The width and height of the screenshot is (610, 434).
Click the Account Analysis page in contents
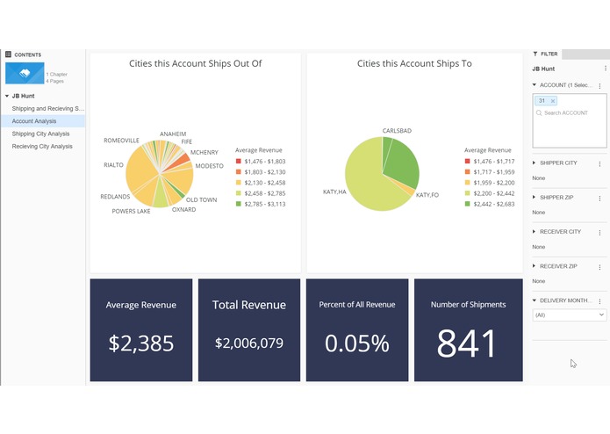pos(34,121)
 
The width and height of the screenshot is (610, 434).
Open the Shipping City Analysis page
pos(40,134)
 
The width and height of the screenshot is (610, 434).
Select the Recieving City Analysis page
pos(42,147)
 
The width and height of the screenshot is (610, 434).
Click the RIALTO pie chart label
pos(113,164)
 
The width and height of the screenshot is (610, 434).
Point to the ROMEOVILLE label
pos(121,140)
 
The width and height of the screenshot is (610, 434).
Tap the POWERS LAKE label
pos(131,211)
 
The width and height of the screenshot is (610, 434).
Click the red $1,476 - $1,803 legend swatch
pos(238,162)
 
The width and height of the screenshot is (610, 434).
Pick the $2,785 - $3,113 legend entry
pos(263,204)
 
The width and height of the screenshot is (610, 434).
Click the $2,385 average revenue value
pos(141,343)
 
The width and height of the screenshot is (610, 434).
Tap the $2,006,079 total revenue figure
pos(250,343)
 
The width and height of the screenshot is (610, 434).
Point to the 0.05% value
pos(357,343)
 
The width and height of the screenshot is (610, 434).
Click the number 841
pos(468,344)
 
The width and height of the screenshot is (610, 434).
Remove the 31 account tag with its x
pos(553,101)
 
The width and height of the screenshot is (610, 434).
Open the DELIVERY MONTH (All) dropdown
pos(570,315)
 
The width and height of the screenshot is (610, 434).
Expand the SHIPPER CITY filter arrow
pos(535,163)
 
